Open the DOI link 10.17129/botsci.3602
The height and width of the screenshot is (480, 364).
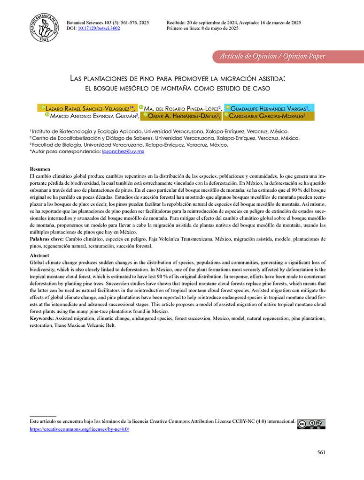[99, 28]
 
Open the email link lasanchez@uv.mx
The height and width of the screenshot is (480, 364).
[123, 151]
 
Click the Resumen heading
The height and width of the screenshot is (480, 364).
[39, 169]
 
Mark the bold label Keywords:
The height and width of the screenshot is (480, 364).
[42, 319]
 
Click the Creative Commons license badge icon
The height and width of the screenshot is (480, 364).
[311, 424]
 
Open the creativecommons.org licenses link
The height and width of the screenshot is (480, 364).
[79, 429]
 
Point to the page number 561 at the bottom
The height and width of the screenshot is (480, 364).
[321, 452]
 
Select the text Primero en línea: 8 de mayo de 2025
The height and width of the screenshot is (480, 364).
[202, 28]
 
